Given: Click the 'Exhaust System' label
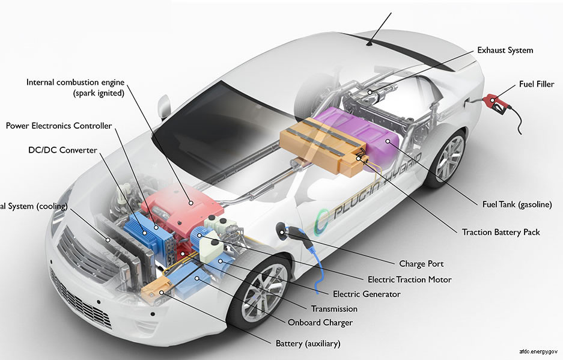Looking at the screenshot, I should point(505,50).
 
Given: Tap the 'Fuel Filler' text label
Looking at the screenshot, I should point(537,84).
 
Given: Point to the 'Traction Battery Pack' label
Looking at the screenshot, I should point(501,232).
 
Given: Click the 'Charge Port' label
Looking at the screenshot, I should point(421,264).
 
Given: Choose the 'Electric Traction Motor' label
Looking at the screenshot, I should point(409,279).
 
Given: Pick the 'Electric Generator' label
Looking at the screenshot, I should point(367,294).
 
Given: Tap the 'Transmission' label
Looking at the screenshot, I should point(334,309).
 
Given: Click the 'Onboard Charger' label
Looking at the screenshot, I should point(320,323).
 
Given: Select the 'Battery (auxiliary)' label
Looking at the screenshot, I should point(308,344).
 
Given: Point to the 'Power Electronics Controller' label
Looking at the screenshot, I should point(59,126).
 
